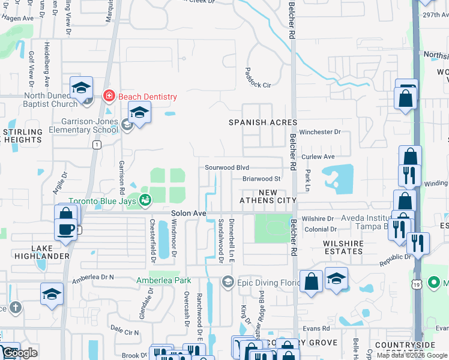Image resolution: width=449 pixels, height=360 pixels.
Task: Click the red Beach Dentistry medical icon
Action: [x=109, y=95]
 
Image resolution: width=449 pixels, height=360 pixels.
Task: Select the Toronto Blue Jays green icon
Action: [x=145, y=200]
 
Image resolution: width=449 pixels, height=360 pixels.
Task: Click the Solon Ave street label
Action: [x=188, y=213]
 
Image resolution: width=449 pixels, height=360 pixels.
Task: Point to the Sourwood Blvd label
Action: [x=226, y=168]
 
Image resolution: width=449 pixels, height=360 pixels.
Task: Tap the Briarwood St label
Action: [x=262, y=179]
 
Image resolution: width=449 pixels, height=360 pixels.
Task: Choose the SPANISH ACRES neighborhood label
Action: [x=263, y=122]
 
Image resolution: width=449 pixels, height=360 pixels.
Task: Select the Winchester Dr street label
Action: [x=320, y=132]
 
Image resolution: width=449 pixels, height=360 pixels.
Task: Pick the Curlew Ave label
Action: [x=318, y=157]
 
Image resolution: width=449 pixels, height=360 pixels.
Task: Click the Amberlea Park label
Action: [x=163, y=280]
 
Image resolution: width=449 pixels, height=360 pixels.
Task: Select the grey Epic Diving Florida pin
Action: [x=228, y=281]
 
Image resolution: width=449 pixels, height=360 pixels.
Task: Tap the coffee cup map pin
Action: [x=65, y=229]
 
